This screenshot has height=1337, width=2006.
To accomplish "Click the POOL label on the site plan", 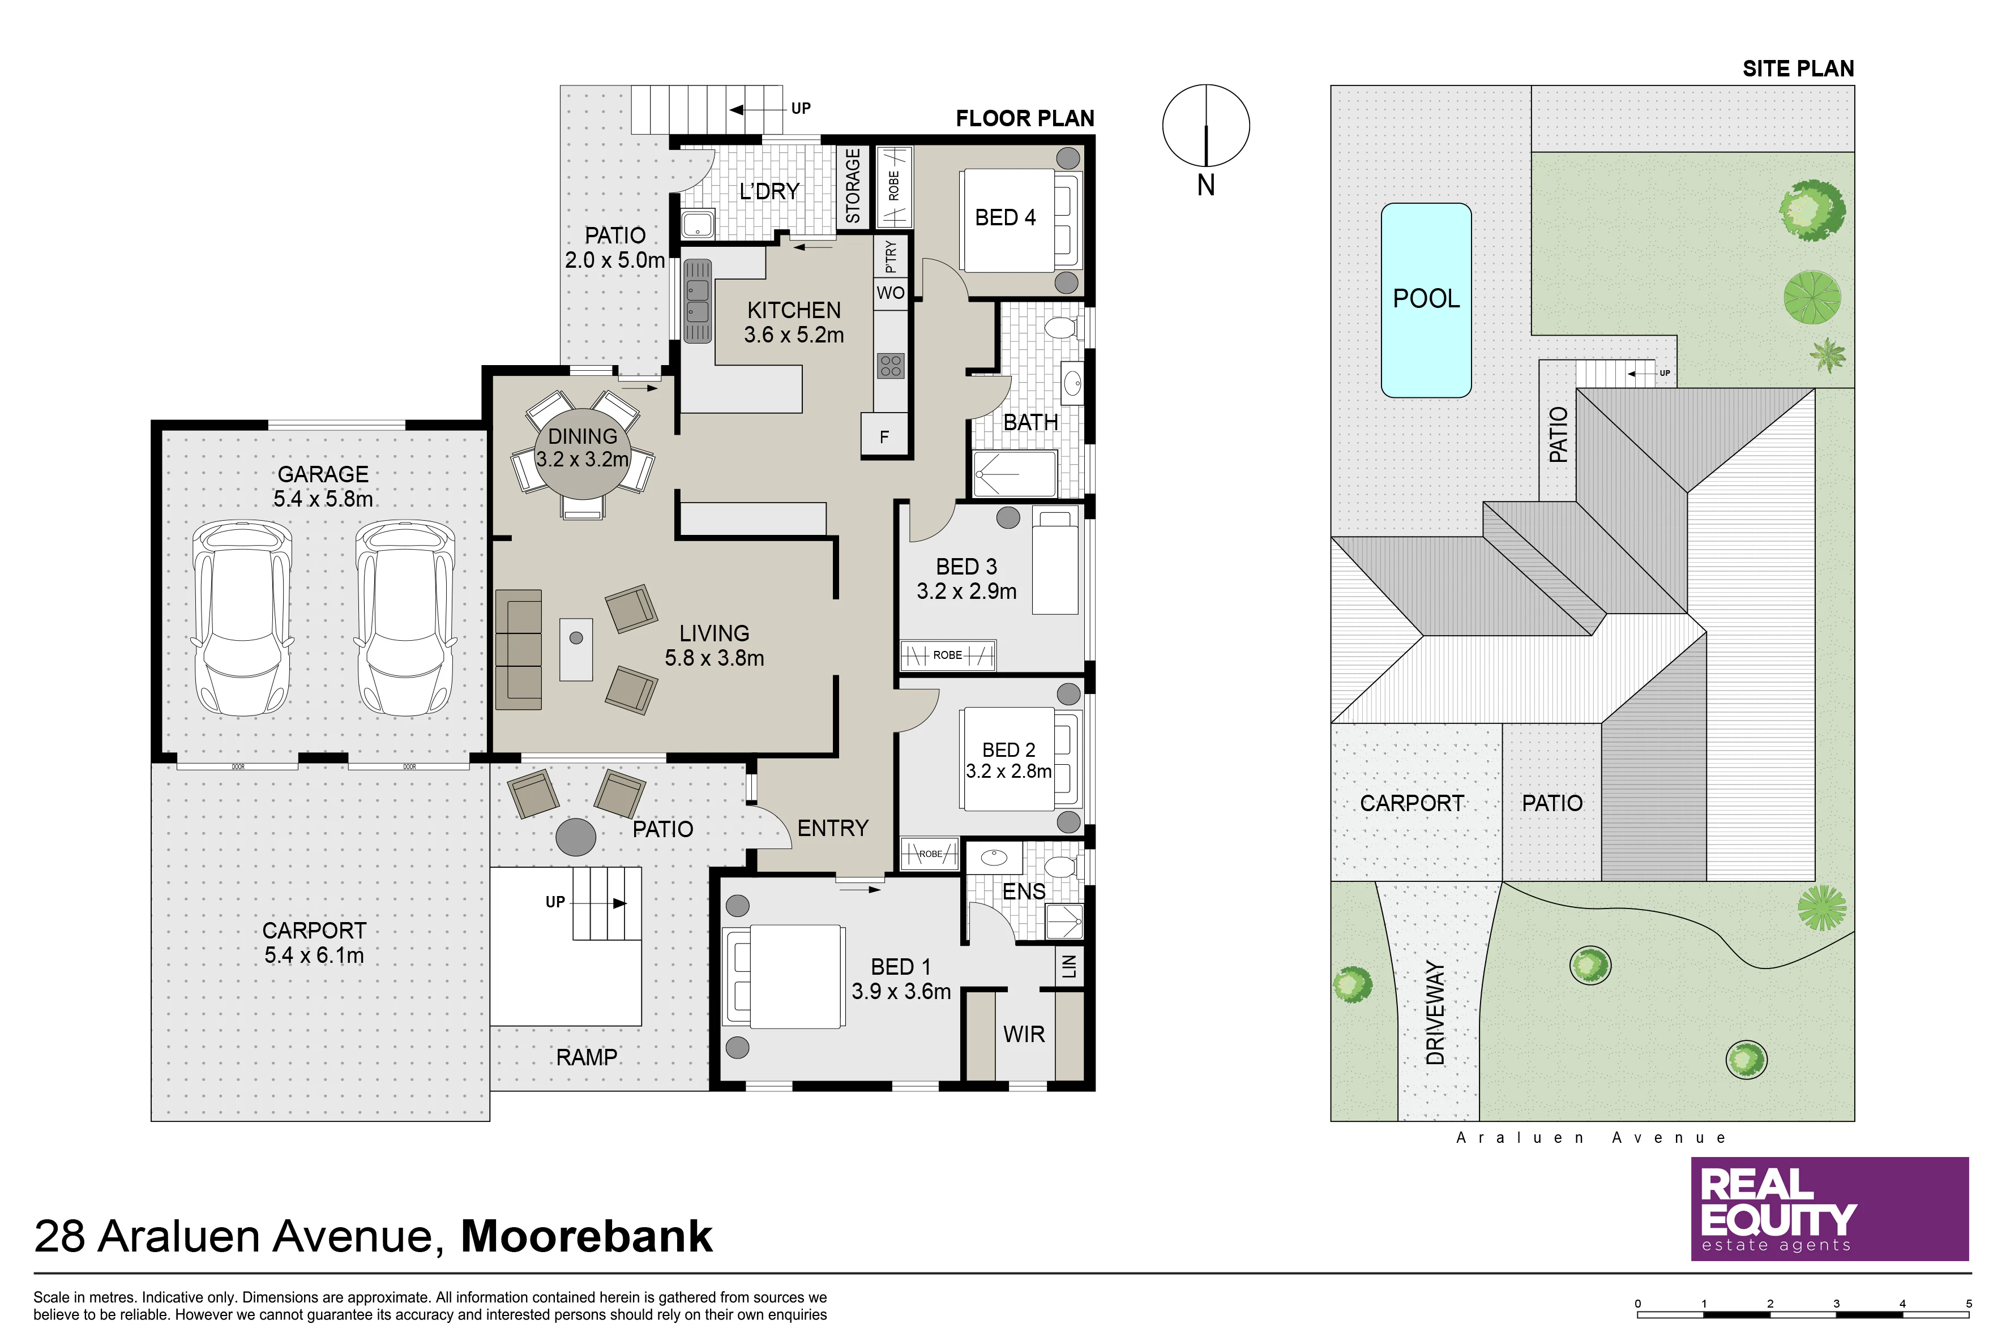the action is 1426,298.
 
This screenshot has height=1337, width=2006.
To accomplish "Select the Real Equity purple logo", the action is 1829,1209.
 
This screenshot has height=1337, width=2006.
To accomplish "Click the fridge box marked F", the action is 884,436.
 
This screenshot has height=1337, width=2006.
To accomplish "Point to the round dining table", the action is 583,458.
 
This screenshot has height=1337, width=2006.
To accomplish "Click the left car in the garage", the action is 242,618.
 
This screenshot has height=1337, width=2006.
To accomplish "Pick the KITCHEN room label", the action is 794,310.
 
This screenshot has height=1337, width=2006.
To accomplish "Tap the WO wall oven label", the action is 891,293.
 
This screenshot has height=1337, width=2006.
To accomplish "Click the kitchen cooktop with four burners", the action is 891,366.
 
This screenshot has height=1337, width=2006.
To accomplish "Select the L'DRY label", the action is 769,191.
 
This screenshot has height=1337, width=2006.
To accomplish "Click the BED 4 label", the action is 1005,217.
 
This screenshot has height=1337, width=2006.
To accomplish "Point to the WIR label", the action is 1024,1034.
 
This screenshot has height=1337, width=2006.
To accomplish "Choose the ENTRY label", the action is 832,828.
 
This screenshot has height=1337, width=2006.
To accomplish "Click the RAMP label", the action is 587,1057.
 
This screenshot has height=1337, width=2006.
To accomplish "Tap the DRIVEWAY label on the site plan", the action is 1435,1013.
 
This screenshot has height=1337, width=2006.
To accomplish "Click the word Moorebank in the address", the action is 587,1236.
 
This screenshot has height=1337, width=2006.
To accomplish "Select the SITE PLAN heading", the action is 1798,69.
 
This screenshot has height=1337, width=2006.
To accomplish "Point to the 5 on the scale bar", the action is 1969,1304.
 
